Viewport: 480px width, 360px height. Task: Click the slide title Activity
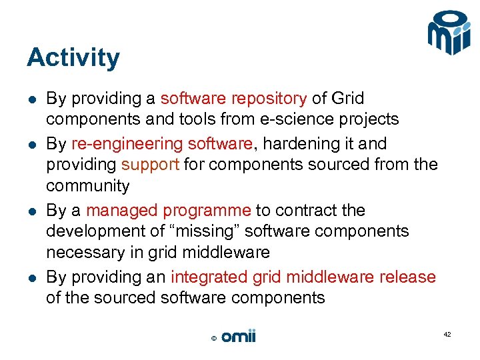click(x=73, y=58)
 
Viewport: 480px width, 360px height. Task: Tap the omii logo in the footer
click(x=238, y=337)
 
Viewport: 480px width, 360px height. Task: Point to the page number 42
click(x=447, y=334)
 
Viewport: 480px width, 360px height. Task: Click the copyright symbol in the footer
click(x=213, y=339)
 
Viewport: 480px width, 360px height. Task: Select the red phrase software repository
click(x=233, y=99)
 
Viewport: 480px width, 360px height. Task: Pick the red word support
click(x=150, y=164)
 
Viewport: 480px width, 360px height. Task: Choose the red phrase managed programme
click(x=169, y=210)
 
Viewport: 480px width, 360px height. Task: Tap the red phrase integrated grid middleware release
click(x=303, y=277)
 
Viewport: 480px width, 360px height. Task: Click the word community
click(x=87, y=185)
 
